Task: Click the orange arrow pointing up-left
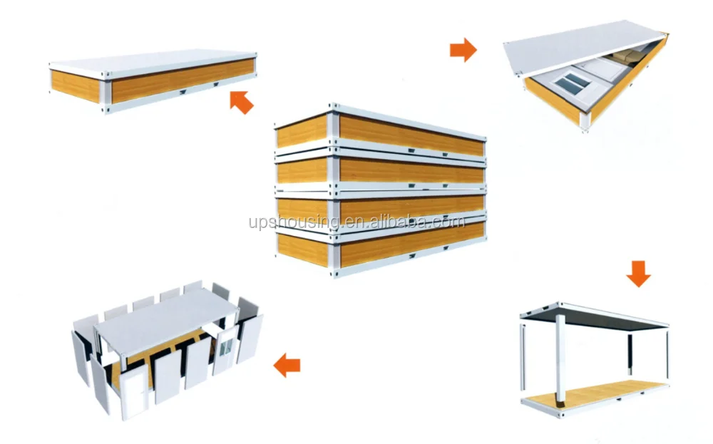coord(242,102)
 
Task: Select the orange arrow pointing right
coord(463,50)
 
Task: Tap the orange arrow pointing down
coord(638,274)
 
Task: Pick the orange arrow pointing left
coord(287,365)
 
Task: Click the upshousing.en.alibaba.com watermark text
coord(357,222)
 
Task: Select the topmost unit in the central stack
coord(380,130)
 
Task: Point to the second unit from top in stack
coord(380,170)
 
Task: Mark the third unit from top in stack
coord(380,209)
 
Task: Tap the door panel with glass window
coord(225,349)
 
